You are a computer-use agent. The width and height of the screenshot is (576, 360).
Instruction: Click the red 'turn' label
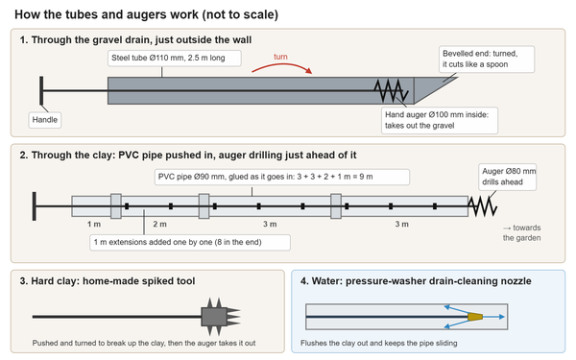pyautogui.click(x=280, y=57)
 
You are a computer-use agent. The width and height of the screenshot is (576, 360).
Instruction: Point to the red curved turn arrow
pyautogui.click(x=282, y=64)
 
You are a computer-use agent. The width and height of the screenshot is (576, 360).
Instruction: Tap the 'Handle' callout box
pyautogui.click(x=45, y=120)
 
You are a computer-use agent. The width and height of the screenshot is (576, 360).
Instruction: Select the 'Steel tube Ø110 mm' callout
pyautogui.click(x=175, y=58)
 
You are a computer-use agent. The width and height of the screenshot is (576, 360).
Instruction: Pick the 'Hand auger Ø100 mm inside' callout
pyautogui.click(x=440, y=121)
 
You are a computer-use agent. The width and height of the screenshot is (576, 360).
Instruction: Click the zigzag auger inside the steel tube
pyautogui.click(x=391, y=90)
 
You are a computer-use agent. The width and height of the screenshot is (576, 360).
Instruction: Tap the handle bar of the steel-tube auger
pyautogui.click(x=41, y=90)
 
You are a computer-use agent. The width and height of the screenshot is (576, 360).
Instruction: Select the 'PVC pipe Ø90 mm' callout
pyautogui.click(x=281, y=177)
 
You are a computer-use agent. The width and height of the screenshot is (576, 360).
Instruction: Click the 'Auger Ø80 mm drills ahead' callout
pyautogui.click(x=507, y=177)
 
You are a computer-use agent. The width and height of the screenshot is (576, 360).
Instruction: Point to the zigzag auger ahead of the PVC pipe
pyautogui.click(x=482, y=206)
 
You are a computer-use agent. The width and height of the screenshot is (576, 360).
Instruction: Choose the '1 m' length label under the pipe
pyautogui.click(x=94, y=224)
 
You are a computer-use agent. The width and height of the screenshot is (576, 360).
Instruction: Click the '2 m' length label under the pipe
pyautogui.click(x=159, y=224)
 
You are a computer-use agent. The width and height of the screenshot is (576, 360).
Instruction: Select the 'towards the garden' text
pyautogui.click(x=521, y=233)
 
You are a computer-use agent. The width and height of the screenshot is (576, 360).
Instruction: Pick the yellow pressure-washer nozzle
pyautogui.click(x=475, y=317)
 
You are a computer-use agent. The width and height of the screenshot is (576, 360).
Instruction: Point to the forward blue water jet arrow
pyautogui.click(x=494, y=317)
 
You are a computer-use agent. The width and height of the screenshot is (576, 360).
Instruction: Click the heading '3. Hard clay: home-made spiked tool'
pyautogui.click(x=108, y=281)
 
